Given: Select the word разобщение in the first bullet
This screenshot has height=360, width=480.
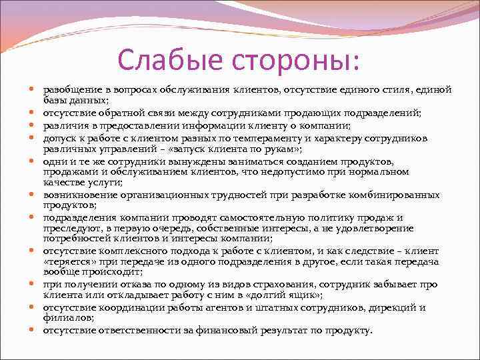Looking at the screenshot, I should point(70,89).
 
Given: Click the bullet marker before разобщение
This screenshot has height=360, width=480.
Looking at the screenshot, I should point(33,89).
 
